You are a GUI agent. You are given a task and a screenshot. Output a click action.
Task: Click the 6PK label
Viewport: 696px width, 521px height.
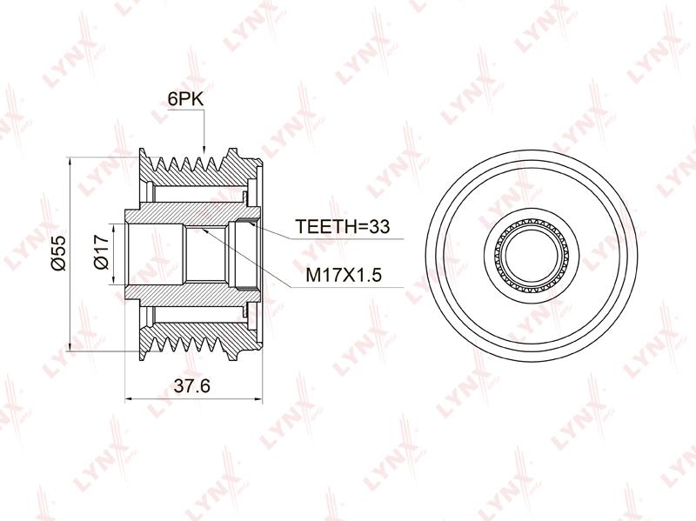point(185,99)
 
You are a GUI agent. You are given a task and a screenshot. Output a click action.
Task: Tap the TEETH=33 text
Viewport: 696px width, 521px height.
point(342,226)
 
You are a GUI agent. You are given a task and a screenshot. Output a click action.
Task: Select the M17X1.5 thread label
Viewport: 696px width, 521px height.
point(344,276)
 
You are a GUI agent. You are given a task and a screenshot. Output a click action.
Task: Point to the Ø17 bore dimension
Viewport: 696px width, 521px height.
point(102,252)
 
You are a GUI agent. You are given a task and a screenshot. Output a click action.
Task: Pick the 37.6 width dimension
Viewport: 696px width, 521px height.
point(191,385)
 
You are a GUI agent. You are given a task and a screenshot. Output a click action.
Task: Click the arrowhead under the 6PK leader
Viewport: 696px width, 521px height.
point(204,149)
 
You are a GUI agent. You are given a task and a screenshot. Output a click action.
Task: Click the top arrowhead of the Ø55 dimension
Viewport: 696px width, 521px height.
point(70,162)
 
